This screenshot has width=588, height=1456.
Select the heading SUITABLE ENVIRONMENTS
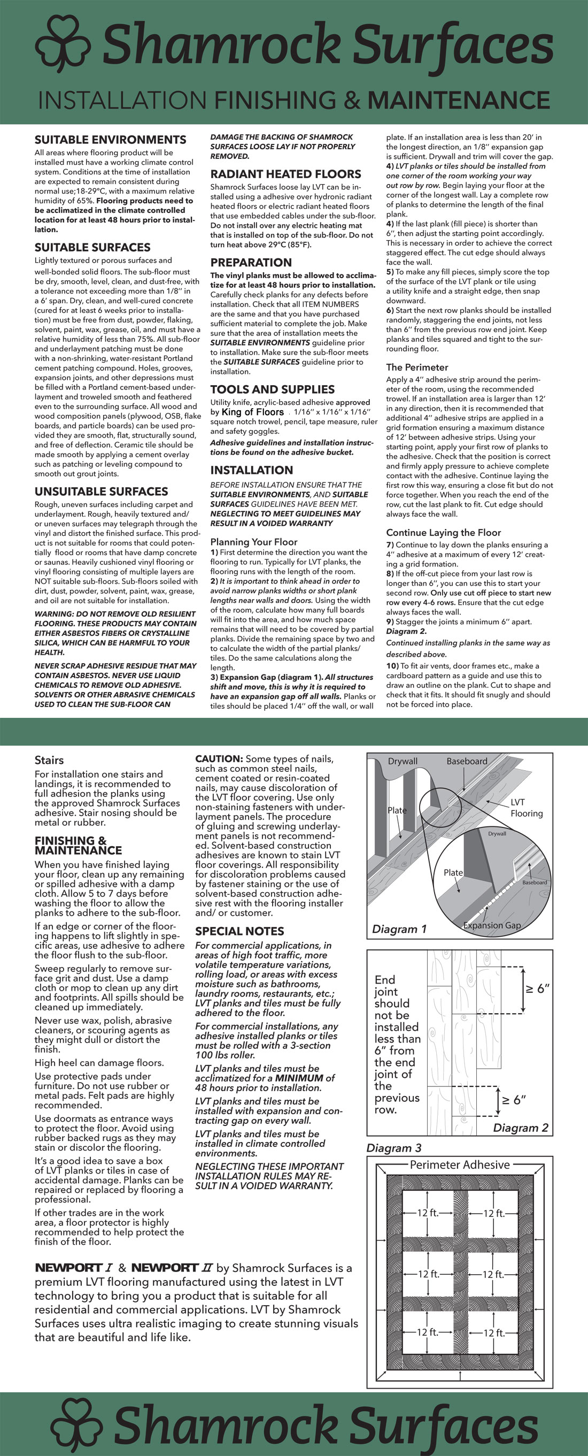tap(110, 140)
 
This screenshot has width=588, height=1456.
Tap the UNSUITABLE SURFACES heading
tap(101, 491)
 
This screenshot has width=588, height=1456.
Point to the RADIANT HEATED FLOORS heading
tap(285, 174)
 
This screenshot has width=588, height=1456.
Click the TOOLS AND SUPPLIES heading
tap(272, 389)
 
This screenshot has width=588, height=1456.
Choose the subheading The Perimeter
tap(417, 367)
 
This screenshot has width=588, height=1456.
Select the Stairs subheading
tap(49, 760)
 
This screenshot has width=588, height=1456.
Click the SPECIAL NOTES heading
tap(239, 931)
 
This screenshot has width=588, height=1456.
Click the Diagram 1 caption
tap(399, 929)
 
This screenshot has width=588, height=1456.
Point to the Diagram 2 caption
tap(520, 1128)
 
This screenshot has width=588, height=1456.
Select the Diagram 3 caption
tap(394, 1148)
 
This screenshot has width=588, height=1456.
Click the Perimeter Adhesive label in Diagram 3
tap(459, 1165)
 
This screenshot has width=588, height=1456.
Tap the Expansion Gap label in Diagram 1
tap(491, 925)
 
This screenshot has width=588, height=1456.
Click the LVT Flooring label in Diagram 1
tap(527, 808)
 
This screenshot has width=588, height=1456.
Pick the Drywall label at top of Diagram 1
tap(403, 761)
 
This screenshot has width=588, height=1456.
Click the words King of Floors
tap(252, 412)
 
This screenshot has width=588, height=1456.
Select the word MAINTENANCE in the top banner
tap(459, 101)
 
